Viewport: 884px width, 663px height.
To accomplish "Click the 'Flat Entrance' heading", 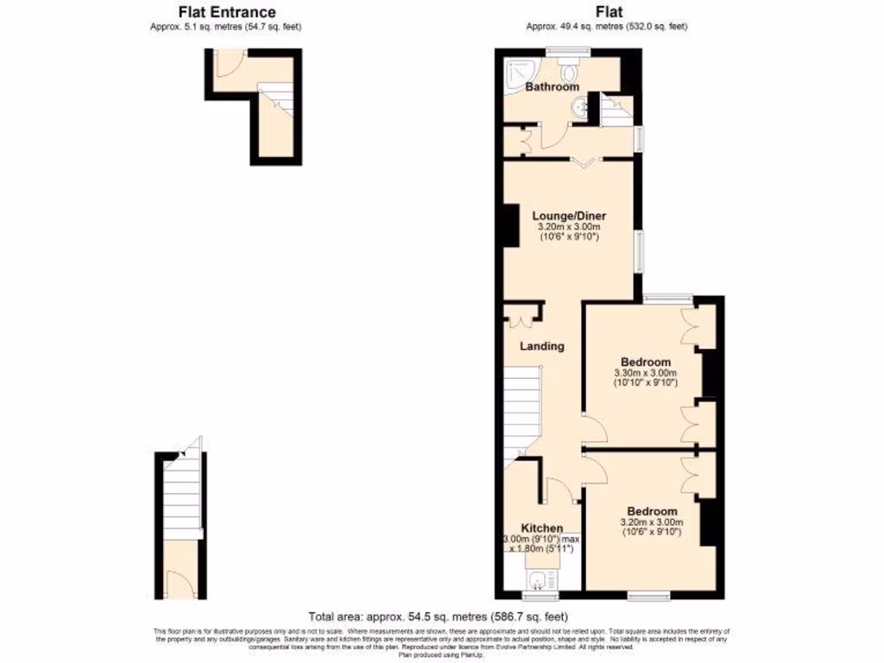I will pyautogui.click(x=227, y=12).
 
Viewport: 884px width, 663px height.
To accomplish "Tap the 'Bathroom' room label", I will pyautogui.click(x=552, y=87).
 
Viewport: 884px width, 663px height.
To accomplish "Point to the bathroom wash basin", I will pyautogui.click(x=580, y=107).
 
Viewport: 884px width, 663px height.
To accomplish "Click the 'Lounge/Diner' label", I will pyautogui.click(x=568, y=216).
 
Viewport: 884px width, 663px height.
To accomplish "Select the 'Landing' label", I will pyautogui.click(x=541, y=346).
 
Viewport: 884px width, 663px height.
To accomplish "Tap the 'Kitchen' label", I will pyautogui.click(x=541, y=528).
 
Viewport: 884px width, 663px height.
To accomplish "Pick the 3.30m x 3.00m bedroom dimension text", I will pyautogui.click(x=646, y=372).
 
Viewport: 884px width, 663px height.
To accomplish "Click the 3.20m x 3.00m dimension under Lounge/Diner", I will pyautogui.click(x=568, y=227).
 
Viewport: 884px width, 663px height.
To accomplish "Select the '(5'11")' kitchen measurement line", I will pyautogui.click(x=541, y=549).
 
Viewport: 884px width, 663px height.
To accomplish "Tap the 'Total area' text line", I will pyautogui.click(x=438, y=616).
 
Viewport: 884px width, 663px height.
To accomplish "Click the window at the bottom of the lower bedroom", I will pyautogui.click(x=649, y=595).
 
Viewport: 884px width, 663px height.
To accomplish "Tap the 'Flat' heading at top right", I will pyautogui.click(x=607, y=12).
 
